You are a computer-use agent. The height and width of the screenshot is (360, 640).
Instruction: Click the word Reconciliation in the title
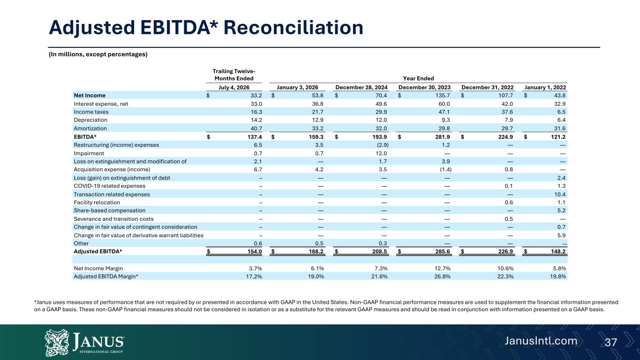[x=293, y=28]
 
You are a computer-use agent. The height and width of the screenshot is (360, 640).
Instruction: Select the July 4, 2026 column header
[x=233, y=88]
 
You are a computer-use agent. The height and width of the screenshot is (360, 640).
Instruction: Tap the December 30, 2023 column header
[x=424, y=88]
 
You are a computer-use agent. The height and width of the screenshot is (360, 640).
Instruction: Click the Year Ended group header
[x=418, y=78]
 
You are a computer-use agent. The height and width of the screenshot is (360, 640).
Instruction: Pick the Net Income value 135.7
[x=443, y=96]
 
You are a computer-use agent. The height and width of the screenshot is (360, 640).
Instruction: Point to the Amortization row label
[x=90, y=128]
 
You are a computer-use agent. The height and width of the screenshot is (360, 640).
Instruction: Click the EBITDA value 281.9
[x=443, y=137]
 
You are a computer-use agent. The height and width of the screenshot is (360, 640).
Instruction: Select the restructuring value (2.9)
[x=383, y=145]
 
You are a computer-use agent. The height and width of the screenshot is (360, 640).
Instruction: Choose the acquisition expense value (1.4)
[x=446, y=169]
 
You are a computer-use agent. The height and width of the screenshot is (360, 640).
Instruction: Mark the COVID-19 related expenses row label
[x=109, y=186]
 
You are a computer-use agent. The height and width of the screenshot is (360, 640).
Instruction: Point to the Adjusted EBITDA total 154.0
[x=255, y=251]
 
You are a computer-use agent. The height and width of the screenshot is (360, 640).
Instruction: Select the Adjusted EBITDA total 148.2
[x=558, y=251]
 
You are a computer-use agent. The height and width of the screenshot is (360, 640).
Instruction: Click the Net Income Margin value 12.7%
[x=442, y=268]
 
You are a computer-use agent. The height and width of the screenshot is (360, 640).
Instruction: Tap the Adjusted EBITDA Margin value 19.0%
[x=316, y=276]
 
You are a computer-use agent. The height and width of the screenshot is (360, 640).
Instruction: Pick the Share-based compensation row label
[x=109, y=210]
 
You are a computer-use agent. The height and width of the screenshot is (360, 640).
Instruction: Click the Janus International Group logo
[x=84, y=342]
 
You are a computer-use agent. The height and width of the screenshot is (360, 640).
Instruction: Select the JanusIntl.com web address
[x=541, y=341]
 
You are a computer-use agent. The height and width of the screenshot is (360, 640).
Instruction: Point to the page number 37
[x=611, y=342]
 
